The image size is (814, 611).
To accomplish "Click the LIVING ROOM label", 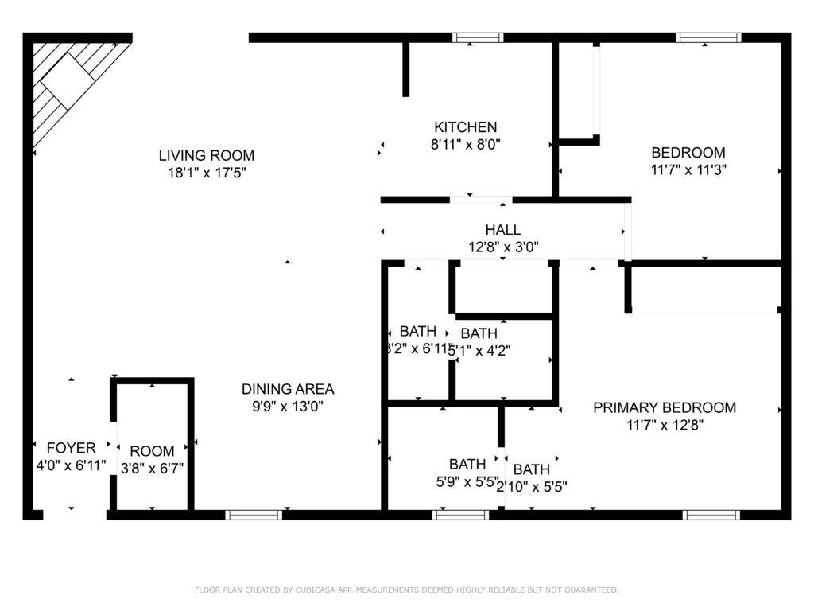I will [207, 155].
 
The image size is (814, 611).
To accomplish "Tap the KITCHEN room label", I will [465, 126].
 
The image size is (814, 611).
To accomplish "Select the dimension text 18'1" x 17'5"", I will [207, 173].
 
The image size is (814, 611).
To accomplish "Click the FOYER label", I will [71, 448].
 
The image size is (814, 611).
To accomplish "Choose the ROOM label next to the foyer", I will [152, 451].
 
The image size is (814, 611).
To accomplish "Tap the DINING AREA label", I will [288, 389].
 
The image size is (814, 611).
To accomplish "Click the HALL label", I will [503, 230].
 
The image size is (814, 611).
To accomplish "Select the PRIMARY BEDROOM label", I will [665, 407].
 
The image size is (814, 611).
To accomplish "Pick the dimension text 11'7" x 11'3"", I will [688, 169].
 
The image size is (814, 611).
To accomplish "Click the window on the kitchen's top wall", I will [478, 37].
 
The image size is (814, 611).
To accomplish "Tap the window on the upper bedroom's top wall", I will [708, 37].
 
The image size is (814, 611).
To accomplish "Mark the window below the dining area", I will [254, 515].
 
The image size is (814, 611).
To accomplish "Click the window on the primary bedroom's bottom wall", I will [711, 515].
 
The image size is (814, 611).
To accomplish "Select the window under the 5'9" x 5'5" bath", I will [461, 515].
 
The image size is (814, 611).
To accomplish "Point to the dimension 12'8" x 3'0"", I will [503, 247].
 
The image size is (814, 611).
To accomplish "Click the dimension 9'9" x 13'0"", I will [288, 406].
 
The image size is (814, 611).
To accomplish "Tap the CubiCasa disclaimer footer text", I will [406, 590].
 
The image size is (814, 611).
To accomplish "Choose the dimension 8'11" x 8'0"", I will [465, 144].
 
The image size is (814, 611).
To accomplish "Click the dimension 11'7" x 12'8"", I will [665, 425].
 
